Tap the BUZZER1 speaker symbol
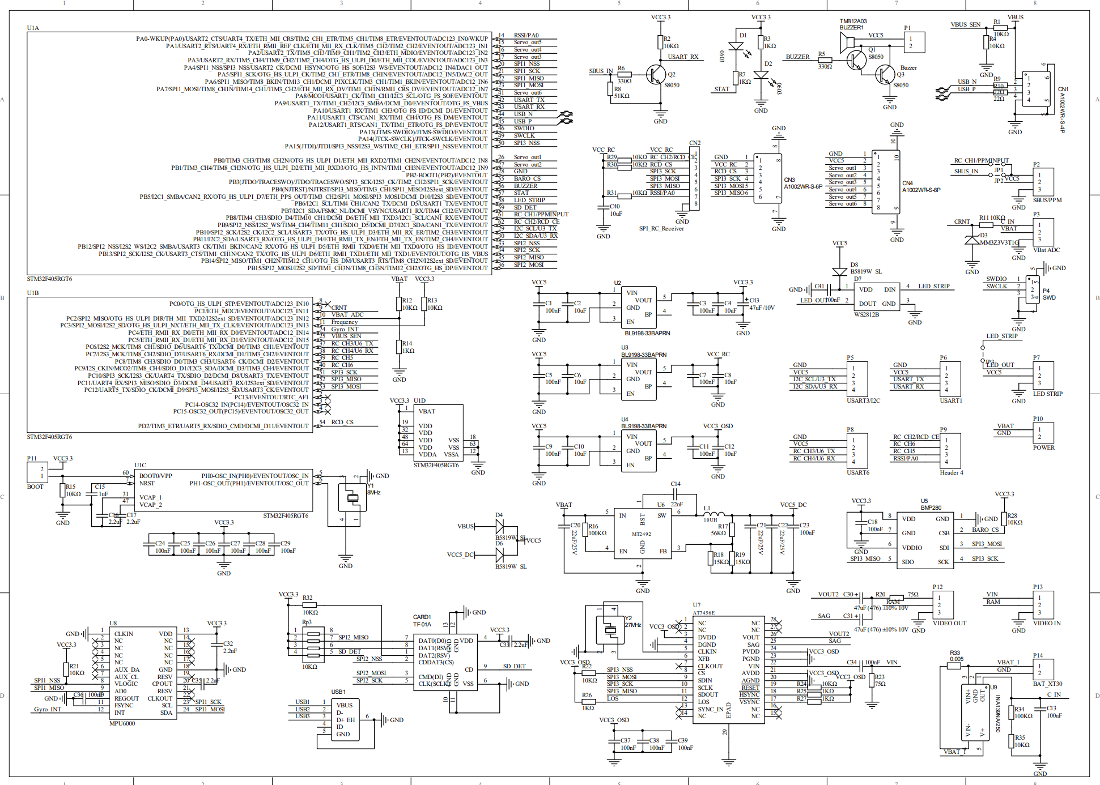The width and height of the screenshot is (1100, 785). click(847, 42)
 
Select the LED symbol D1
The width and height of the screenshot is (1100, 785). click(736, 46)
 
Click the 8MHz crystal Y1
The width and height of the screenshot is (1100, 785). click(352, 498)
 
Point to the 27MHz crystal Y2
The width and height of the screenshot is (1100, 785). click(610, 629)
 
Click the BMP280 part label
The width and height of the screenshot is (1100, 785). click(931, 507)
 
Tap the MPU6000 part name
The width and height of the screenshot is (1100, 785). click(122, 723)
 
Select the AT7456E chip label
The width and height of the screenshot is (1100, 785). click(703, 613)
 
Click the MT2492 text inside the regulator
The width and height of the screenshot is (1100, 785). click(642, 534)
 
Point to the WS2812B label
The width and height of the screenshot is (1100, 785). click(867, 314)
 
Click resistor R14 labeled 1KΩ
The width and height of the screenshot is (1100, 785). click(399, 347)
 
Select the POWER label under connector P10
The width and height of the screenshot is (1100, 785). click(1043, 447)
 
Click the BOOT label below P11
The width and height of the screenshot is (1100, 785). click(35, 487)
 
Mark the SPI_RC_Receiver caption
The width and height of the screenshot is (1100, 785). click(661, 228)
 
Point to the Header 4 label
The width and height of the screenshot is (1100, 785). click(951, 472)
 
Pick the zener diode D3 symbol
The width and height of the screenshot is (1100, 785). click(972, 240)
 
